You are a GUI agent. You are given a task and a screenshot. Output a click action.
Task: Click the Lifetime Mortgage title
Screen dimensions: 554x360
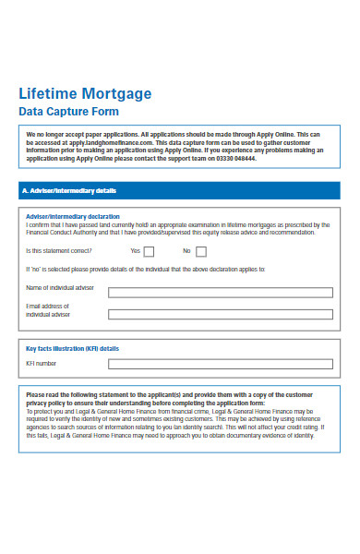click(85, 94)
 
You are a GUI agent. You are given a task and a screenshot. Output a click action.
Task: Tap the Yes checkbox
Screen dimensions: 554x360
click(150, 250)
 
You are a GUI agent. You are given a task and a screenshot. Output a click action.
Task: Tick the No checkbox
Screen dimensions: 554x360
click(200, 250)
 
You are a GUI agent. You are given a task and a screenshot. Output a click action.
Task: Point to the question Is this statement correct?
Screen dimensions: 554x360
click(58, 250)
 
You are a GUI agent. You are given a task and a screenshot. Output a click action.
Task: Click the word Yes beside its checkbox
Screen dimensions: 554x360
click(135, 250)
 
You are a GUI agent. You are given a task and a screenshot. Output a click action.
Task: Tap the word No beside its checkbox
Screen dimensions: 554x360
click(186, 250)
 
